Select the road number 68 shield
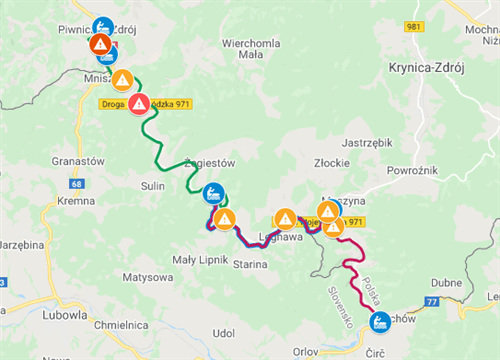pyautogui.click(x=77, y=184)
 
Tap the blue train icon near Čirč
pyautogui.click(x=380, y=322)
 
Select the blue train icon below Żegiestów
pyautogui.click(x=213, y=192)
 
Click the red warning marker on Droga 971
pyautogui.click(x=139, y=103)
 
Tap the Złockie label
pyautogui.click(x=330, y=161)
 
